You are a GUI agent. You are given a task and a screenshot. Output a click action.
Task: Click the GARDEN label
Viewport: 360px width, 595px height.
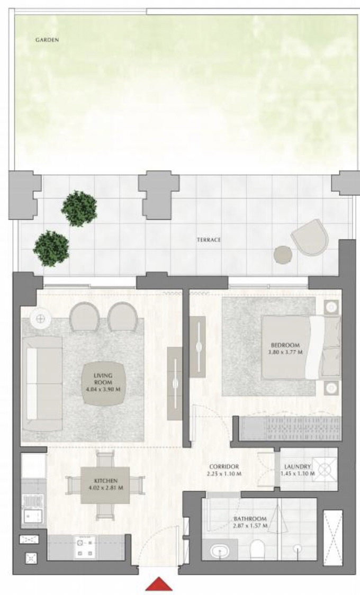pyautogui.click(x=47, y=40)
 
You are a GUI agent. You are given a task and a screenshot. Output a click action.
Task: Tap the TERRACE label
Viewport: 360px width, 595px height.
pyautogui.click(x=209, y=240)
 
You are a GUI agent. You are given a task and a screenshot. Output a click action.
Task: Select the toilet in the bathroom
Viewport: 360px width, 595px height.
pyautogui.click(x=258, y=549)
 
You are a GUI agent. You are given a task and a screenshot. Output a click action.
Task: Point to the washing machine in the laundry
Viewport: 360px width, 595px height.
pyautogui.click(x=325, y=470)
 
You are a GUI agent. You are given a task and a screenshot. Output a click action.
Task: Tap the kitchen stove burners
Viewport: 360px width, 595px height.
pyautogui.click(x=84, y=547)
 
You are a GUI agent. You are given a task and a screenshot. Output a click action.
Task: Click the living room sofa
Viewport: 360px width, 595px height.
pyautogui.click(x=42, y=383)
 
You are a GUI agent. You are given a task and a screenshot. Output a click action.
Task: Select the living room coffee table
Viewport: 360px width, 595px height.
pyautogui.click(x=103, y=384)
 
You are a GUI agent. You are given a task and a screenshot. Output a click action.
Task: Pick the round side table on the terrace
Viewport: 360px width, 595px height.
pyautogui.click(x=283, y=255)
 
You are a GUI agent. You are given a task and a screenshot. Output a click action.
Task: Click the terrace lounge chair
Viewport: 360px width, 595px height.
pyautogui.click(x=310, y=237)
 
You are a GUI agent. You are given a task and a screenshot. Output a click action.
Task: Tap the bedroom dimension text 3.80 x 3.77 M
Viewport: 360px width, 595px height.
pyautogui.click(x=285, y=352)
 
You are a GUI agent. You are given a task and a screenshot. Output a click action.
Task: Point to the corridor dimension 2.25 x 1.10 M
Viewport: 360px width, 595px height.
pyautogui.click(x=224, y=474)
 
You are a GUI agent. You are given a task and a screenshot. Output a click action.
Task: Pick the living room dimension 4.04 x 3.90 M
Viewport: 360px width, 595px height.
pyautogui.click(x=103, y=389)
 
